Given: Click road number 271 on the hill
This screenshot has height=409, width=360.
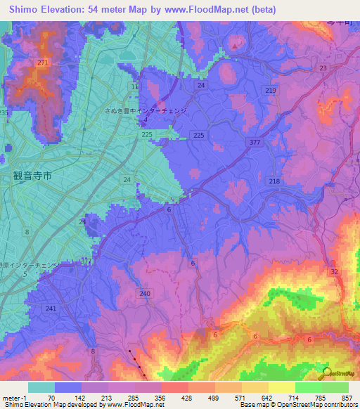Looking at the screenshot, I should click(x=43, y=63).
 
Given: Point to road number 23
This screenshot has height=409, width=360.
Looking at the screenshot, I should click(x=323, y=68).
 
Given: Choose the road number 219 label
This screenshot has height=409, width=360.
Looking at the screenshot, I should click(x=271, y=91).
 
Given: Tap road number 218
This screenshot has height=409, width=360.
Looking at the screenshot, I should click(x=274, y=181).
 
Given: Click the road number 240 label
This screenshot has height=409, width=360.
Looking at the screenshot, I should click(x=146, y=294).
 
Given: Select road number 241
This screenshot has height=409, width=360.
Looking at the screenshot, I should click(x=50, y=308).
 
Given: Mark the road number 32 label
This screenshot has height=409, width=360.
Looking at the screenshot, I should click(x=334, y=271).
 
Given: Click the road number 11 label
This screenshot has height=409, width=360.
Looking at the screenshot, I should click(x=134, y=86).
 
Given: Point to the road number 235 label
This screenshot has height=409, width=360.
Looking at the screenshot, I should click(x=4, y=112).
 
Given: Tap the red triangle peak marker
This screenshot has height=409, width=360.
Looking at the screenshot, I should click(x=234, y=47).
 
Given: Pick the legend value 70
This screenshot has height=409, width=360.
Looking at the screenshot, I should click(x=51, y=397).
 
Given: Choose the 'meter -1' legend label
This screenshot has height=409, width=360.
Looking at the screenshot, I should click(x=13, y=397).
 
